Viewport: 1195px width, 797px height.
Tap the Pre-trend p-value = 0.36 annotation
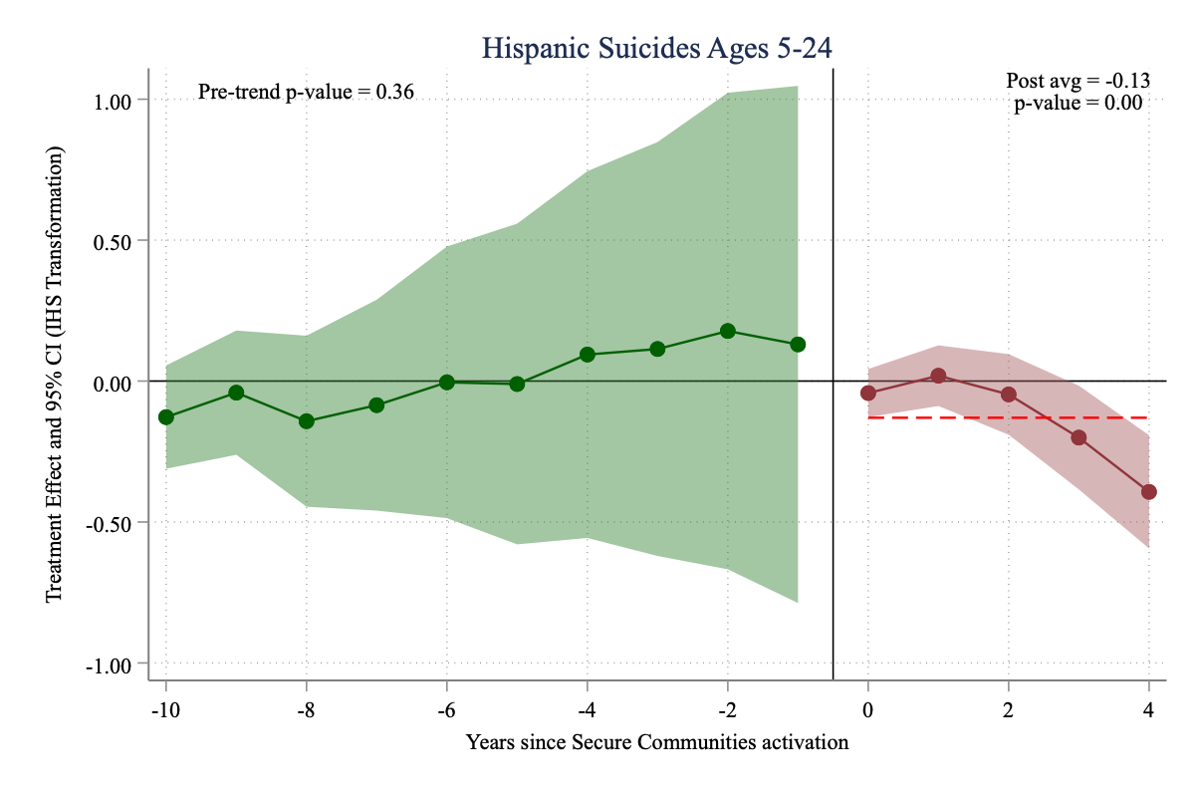[x=306, y=93]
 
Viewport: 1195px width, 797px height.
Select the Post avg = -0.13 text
[x=1078, y=83]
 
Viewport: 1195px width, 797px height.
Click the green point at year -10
[x=166, y=416]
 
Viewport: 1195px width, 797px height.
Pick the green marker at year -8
[x=307, y=421]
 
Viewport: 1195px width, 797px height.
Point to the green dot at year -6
[x=447, y=382]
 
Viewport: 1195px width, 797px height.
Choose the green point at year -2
[x=728, y=331]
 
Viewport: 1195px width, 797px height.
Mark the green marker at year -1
[x=798, y=344]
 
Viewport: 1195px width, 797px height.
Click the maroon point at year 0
[x=868, y=393]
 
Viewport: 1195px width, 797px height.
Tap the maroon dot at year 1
[x=938, y=376]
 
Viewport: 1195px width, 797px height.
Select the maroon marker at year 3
[x=1078, y=437]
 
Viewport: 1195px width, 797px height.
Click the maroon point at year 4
[x=1149, y=491]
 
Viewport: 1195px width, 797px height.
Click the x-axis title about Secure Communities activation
[x=657, y=742]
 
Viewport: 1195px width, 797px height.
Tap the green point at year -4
[x=588, y=355]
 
